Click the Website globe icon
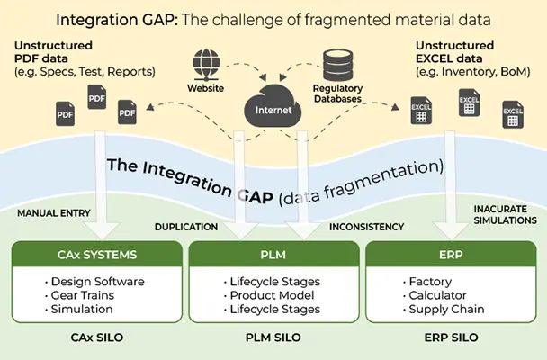pyautogui.click(x=206, y=63)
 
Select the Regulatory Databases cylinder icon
pyautogui.click(x=338, y=61)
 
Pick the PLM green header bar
pyautogui.click(x=273, y=255)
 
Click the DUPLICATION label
pyautogui.click(x=185, y=228)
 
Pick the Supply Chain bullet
pyautogui.click(x=446, y=309)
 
